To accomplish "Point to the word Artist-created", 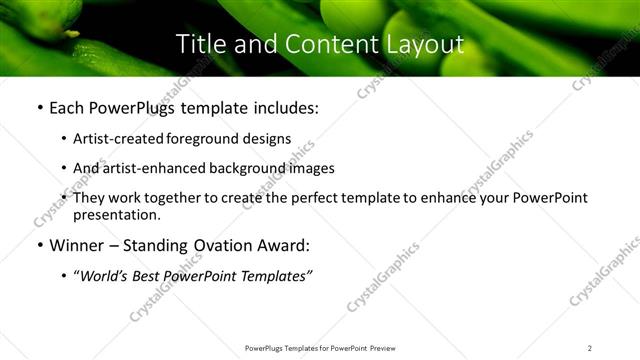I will click(122, 139).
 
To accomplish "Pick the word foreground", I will click(209, 139).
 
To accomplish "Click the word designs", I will click(269, 139).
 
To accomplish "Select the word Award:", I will click(282, 245).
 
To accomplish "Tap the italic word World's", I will click(107, 276).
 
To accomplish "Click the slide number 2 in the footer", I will click(590, 347).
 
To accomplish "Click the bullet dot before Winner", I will click(39, 245).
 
